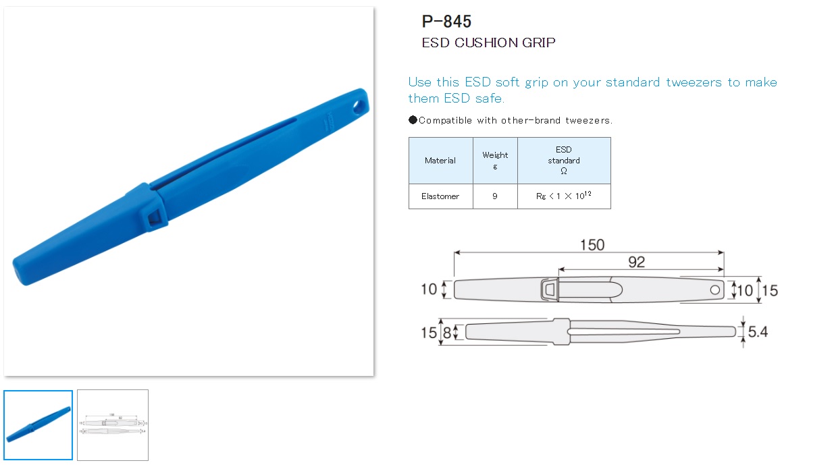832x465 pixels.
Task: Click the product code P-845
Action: coord(446,22)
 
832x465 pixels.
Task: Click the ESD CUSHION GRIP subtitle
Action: coord(488,43)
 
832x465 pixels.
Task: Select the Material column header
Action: coord(440,161)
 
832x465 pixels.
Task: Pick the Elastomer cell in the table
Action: coord(440,196)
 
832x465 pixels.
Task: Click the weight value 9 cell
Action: coord(495,196)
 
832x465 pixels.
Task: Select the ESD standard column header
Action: coord(564,160)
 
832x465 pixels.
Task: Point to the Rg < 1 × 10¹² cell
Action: coord(564,196)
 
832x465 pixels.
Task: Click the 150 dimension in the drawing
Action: coord(592,244)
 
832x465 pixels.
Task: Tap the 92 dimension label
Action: coord(636,262)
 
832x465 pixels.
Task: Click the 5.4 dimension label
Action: coord(758,332)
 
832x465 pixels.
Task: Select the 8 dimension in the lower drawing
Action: coord(446,332)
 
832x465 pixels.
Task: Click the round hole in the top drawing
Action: coord(714,290)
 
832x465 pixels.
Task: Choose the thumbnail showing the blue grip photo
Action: coord(38,425)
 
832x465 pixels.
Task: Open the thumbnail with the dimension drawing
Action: coord(113,425)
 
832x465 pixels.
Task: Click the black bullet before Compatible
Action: coord(413,121)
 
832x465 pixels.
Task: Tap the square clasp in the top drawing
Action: coord(550,290)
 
